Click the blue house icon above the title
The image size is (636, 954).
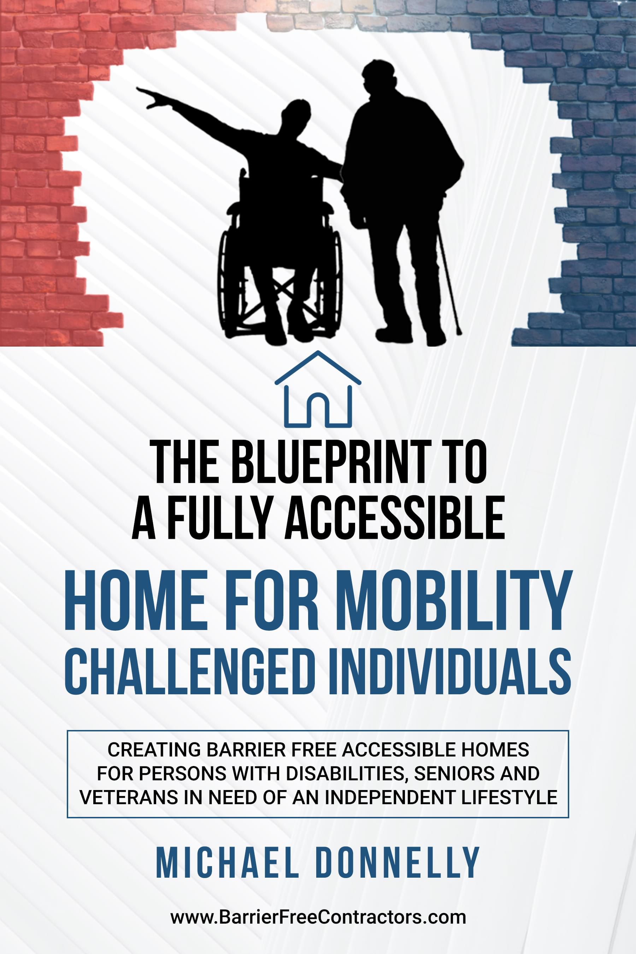(318, 389)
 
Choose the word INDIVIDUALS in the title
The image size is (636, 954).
(450, 672)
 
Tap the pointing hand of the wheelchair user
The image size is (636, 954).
(148, 96)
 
